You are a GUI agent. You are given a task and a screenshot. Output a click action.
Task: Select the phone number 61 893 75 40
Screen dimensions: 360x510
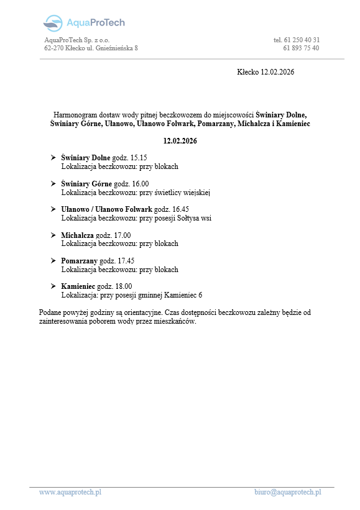pos(302,48)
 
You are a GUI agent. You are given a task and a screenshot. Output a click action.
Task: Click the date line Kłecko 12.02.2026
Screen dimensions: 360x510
pos(265,72)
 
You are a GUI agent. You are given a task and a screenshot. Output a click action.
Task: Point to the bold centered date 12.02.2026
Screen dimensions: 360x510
pos(180,142)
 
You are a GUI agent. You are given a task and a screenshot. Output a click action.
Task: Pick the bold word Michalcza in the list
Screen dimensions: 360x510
pos(78,235)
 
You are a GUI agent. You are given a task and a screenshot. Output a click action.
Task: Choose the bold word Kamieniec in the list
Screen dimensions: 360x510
pos(80,286)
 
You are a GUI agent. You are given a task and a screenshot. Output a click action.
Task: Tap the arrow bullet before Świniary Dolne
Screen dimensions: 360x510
pos(53,158)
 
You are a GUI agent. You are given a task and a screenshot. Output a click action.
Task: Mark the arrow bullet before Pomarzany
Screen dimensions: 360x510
pos(53,261)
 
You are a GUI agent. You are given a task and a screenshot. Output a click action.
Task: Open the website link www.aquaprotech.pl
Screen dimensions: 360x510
pos(70,492)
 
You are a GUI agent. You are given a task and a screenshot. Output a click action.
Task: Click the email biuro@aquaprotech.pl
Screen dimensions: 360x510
pos(287,492)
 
